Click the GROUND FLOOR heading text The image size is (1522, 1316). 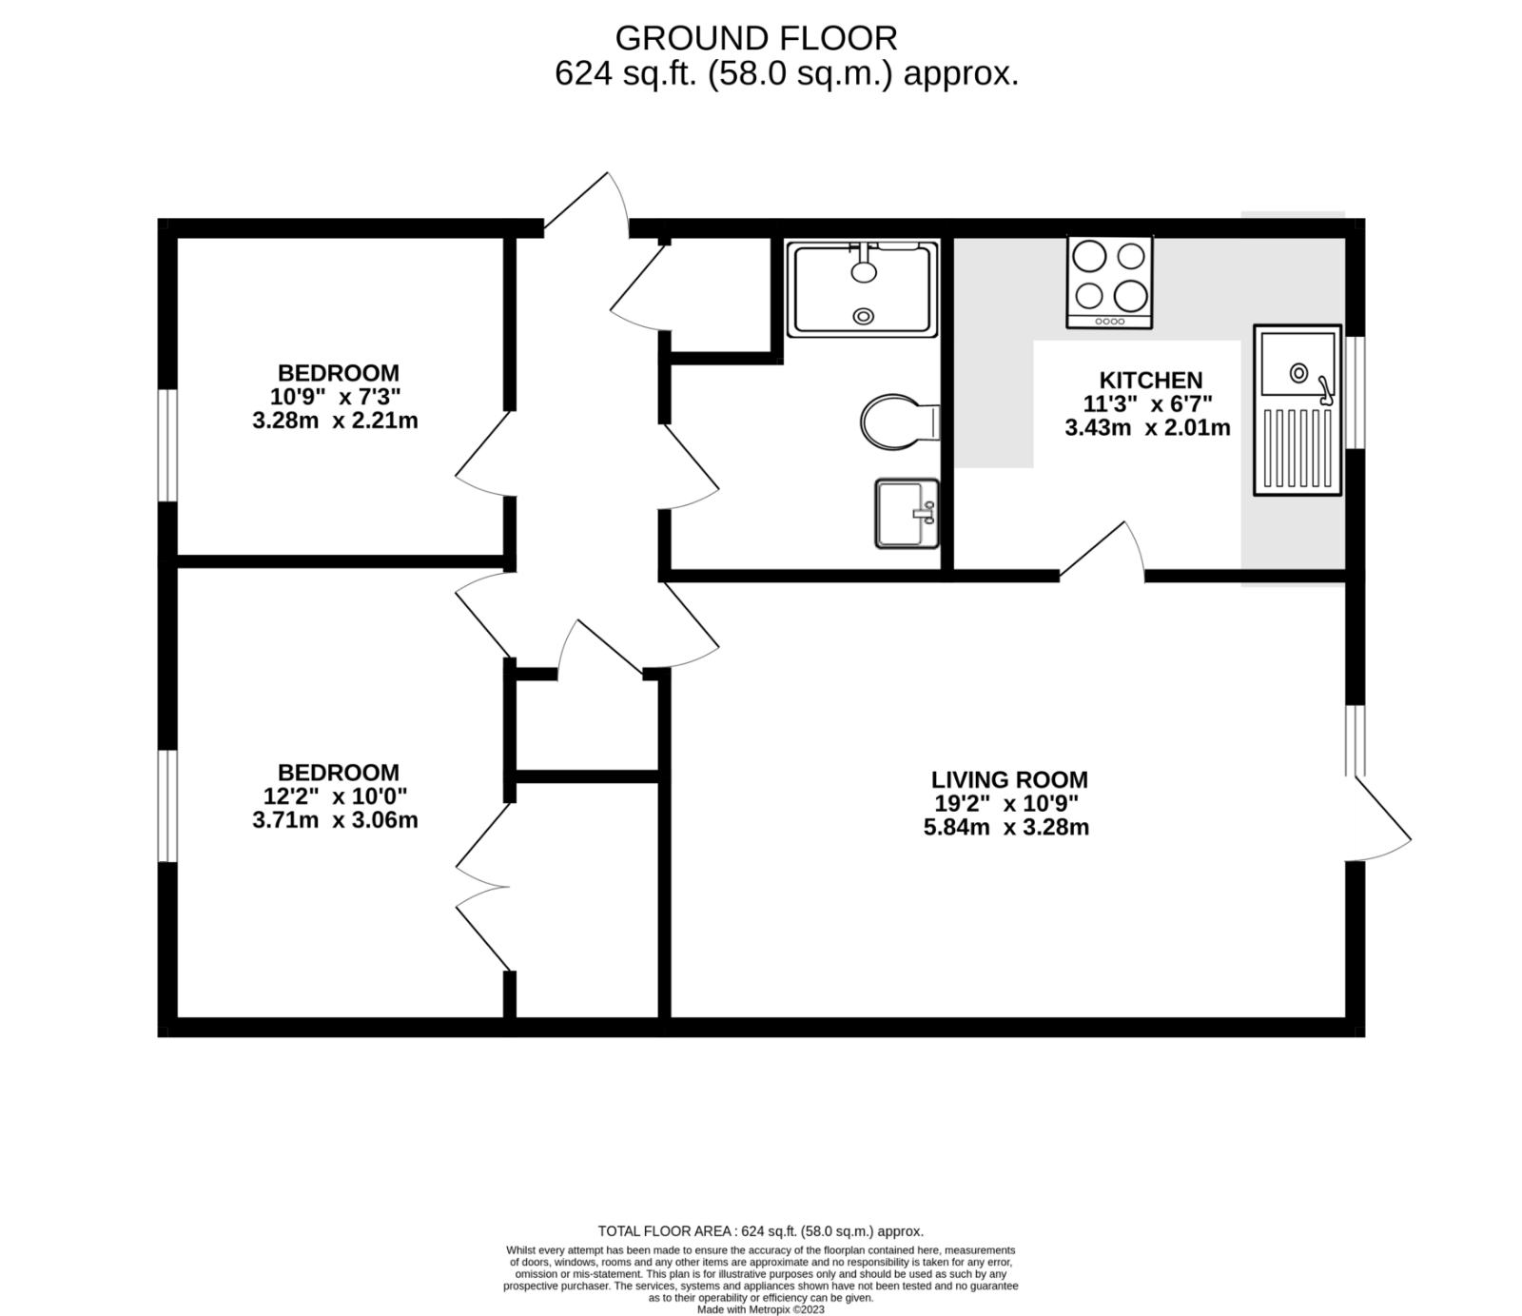click(755, 39)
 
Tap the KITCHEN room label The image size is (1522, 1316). click(1150, 381)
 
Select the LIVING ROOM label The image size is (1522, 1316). click(1008, 780)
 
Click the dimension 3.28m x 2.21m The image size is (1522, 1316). click(335, 421)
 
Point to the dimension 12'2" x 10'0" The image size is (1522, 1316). click(335, 796)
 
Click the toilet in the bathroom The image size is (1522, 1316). click(897, 420)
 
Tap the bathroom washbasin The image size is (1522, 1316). click(905, 513)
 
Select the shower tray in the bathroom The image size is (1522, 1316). click(862, 289)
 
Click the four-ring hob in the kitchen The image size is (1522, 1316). click(1109, 282)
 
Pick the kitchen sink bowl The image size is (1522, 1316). click(1298, 364)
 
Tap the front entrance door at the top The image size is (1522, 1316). click(585, 205)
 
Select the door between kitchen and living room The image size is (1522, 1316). click(1103, 552)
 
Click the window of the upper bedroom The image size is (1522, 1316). click(167, 445)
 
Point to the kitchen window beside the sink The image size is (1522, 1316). click(1356, 391)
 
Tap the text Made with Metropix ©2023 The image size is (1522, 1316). click(760, 1309)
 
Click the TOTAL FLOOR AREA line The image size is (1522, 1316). click(760, 1230)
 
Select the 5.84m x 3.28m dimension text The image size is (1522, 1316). click(1005, 827)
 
